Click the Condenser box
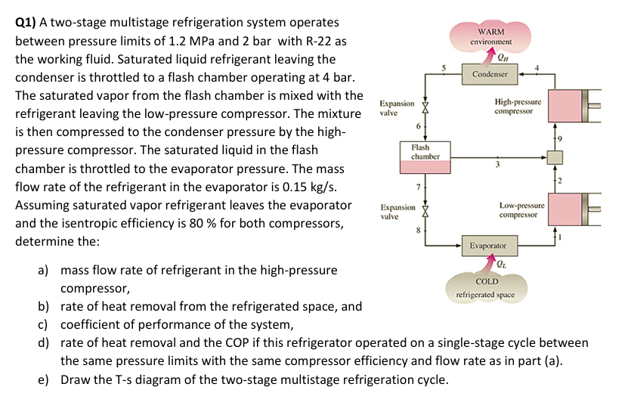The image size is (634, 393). coord(490,74)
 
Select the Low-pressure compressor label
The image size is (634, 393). coord(518,210)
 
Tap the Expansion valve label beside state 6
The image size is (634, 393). coord(397,107)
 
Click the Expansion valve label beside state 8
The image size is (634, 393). coord(397,211)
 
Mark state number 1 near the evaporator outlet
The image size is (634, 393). coord(561,237)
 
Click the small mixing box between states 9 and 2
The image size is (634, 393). coord(555,157)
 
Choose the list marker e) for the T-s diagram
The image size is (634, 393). coord(45,379)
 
